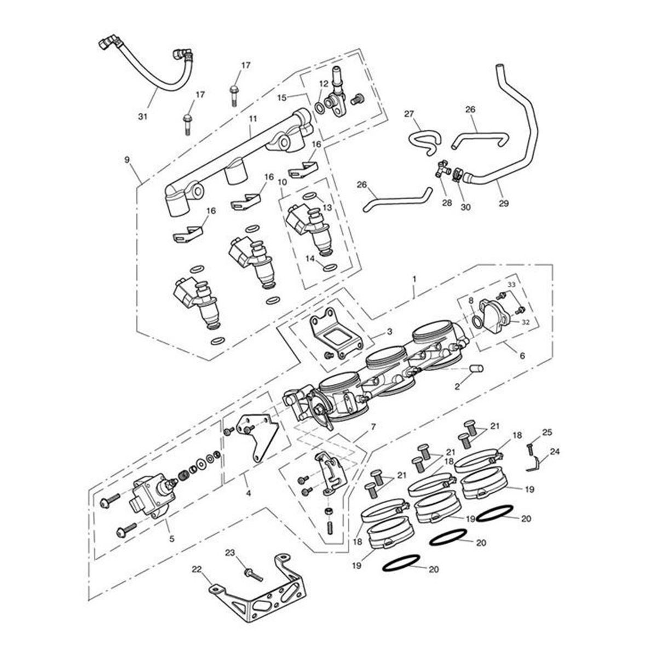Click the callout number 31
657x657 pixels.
coord(142,116)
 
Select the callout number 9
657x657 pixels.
coord(127,160)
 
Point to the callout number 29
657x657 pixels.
coord(504,203)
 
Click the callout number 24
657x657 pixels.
coord(555,452)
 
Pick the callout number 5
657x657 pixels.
coord(171,539)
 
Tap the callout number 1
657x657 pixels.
coord(414,279)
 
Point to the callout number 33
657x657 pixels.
coord(511,285)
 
